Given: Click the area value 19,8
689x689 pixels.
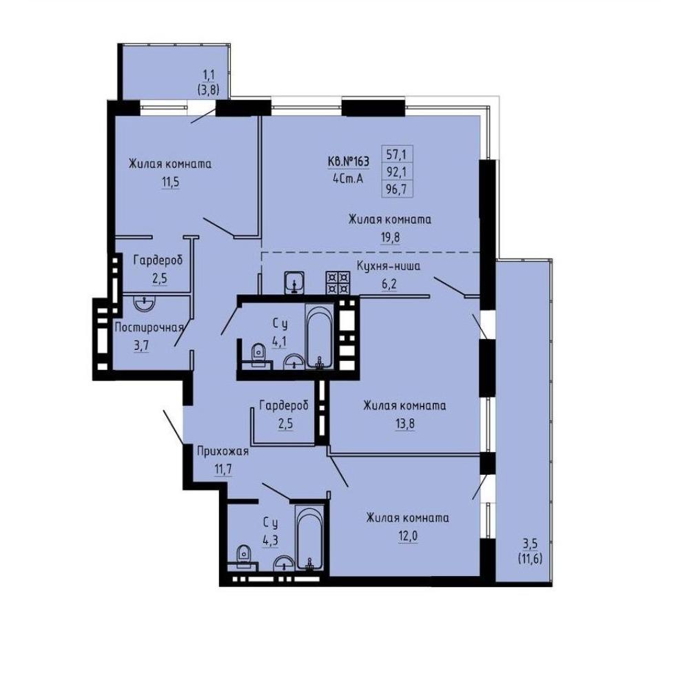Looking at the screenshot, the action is point(390,237).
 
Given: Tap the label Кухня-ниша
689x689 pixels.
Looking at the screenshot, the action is point(389,266).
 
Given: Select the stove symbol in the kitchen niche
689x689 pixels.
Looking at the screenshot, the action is point(338,282).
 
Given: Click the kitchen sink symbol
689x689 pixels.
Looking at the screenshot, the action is point(294,282).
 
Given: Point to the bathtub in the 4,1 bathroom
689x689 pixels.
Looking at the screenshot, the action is point(320,338).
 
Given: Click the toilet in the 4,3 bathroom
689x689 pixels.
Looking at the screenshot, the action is point(243,555).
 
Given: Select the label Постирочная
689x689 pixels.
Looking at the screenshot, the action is point(149,327).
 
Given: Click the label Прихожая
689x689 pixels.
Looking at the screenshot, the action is point(223,451).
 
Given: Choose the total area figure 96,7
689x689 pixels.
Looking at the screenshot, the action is point(396,190).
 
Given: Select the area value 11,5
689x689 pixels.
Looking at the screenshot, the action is point(170,182).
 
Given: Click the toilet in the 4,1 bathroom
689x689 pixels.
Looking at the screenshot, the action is point(258,352).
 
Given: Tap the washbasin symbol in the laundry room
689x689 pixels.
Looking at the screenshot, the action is point(144,303).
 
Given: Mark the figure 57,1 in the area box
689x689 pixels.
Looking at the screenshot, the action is point(396,154).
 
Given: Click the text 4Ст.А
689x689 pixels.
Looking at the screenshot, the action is point(348,179).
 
